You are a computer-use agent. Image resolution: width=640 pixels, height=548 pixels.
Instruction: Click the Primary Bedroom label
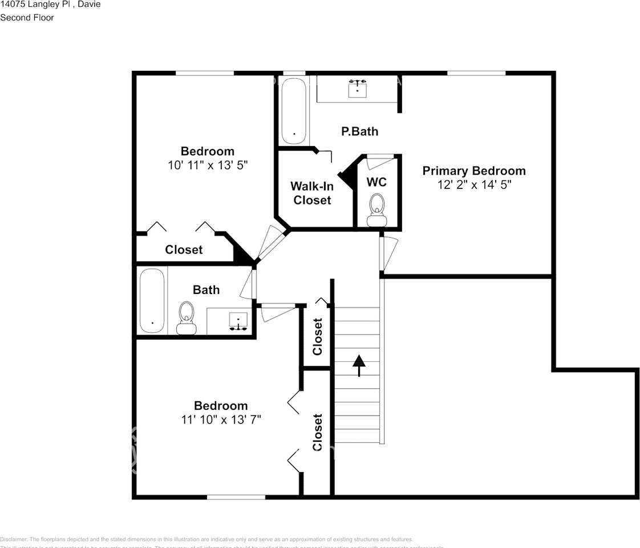pyautogui.click(x=473, y=171)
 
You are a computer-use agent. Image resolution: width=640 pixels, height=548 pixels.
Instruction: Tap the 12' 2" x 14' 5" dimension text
pyautogui.click(x=473, y=185)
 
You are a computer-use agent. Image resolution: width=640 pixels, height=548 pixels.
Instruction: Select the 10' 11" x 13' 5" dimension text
pyautogui.click(x=208, y=165)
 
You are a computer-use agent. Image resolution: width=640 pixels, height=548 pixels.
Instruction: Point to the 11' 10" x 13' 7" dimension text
pyautogui.click(x=221, y=420)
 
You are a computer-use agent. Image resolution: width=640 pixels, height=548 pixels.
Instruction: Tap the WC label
pyautogui.click(x=376, y=182)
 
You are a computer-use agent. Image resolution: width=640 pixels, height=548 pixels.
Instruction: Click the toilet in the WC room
pyautogui.click(x=376, y=209)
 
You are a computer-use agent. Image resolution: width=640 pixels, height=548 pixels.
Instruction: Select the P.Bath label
pyautogui.click(x=359, y=131)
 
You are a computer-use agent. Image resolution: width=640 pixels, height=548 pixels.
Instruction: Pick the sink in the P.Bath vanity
pyautogui.click(x=357, y=88)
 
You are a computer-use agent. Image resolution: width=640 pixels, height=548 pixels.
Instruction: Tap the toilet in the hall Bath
pyautogui.click(x=186, y=317)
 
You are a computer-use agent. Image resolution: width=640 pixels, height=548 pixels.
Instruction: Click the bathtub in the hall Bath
pyautogui.click(x=152, y=300)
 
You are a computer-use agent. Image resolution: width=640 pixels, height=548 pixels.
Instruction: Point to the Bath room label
pyautogui.click(x=206, y=290)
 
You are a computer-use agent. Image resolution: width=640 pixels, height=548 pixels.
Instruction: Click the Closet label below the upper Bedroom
pyautogui.click(x=184, y=249)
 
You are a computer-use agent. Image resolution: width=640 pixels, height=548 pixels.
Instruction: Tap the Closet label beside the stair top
pyautogui.click(x=318, y=336)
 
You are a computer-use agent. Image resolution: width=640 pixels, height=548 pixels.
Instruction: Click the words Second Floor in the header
pyautogui.click(x=27, y=18)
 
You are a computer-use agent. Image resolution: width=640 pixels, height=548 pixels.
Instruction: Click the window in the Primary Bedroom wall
pyautogui.click(x=476, y=73)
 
